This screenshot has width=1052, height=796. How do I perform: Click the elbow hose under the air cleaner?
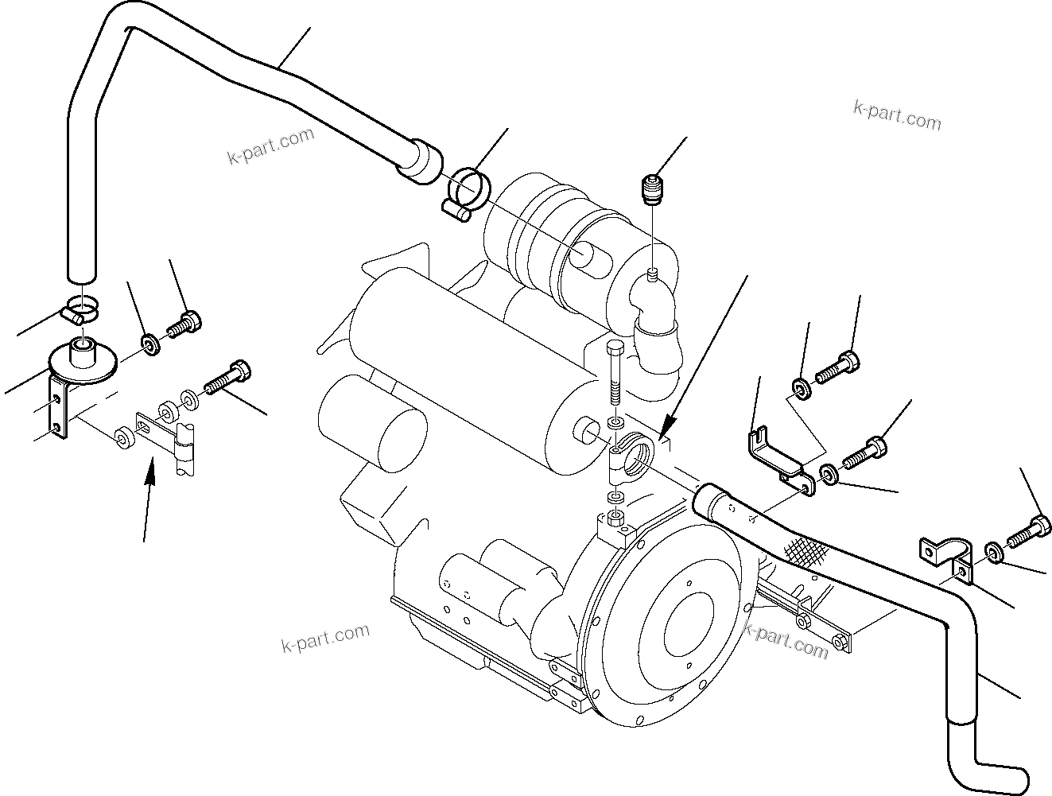pos(655,333)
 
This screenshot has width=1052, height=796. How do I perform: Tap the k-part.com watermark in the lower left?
pos(325,635)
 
